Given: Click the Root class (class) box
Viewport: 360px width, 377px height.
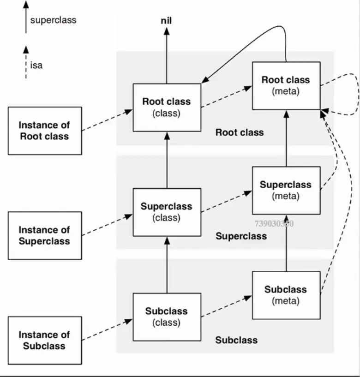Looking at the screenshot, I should pyautogui.click(x=167, y=107).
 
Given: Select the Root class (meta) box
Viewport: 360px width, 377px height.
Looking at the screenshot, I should pyautogui.click(x=286, y=85).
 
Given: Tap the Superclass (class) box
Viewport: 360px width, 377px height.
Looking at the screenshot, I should pyautogui.click(x=167, y=212).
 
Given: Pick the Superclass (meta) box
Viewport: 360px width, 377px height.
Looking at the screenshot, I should pyautogui.click(x=286, y=190).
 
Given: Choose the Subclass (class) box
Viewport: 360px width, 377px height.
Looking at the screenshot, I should pyautogui.click(x=167, y=317).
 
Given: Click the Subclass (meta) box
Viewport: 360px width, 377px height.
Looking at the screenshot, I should pyautogui.click(x=286, y=295).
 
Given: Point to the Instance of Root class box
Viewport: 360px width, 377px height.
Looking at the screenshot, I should pyautogui.click(x=45, y=131).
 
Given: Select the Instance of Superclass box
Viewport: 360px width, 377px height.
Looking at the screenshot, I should pyautogui.click(x=45, y=235).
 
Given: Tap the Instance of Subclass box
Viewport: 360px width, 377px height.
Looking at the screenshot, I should pyautogui.click(x=45, y=340).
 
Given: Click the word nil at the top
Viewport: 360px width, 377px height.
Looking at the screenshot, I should pyautogui.click(x=167, y=20).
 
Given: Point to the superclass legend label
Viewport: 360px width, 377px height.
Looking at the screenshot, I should pyautogui.click(x=53, y=20).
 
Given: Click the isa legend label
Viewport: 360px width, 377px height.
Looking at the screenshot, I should pyautogui.click(x=36, y=65).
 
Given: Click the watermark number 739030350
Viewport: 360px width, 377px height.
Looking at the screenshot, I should pyautogui.click(x=274, y=224).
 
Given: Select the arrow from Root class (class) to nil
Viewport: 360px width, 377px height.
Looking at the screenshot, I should pyautogui.click(x=167, y=55).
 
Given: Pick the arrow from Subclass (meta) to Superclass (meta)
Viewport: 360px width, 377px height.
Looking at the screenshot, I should pyautogui.click(x=286, y=242).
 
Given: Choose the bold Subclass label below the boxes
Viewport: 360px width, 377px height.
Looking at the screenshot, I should pyautogui.click(x=236, y=340).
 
